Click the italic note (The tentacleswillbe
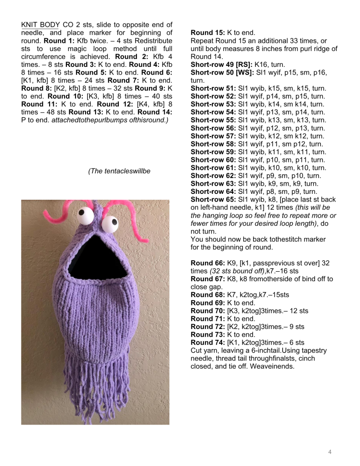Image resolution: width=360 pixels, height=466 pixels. (120, 171)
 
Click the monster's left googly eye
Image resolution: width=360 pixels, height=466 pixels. (86, 212)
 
